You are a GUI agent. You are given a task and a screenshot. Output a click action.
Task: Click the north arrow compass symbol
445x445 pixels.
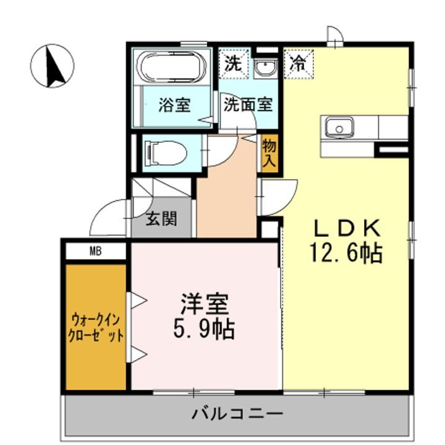[52, 66]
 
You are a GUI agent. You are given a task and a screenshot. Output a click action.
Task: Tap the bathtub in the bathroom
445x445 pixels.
[171, 66]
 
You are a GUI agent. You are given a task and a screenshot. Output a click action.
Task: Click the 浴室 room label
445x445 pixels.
[174, 104]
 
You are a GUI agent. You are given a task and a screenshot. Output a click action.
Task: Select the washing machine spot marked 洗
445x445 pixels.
[234, 64]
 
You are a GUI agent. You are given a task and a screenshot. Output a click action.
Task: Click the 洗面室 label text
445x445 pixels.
[248, 104]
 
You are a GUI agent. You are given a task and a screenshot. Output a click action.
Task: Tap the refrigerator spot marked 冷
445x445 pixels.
[299, 64]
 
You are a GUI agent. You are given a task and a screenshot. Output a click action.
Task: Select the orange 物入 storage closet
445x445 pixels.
[269, 153]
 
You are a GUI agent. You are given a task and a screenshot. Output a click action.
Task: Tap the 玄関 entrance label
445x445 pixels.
[161, 219]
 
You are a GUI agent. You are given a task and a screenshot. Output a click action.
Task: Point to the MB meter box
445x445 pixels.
[96, 251]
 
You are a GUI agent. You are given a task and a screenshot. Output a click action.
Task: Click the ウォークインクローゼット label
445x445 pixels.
[96, 328]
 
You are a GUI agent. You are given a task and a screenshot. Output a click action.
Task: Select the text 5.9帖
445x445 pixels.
[204, 330]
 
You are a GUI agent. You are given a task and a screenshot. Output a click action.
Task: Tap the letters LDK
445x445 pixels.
[346, 229]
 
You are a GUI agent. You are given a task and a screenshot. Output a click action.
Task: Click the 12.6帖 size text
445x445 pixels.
[346, 253]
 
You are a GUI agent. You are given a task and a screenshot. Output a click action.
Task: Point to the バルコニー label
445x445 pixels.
[237, 414]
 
